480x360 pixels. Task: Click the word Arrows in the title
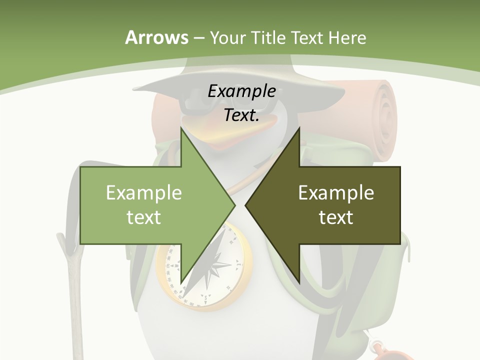(156, 37)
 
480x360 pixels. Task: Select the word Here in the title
(347, 37)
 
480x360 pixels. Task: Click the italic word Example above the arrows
(241, 91)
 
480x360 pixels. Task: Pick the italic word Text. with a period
(241, 115)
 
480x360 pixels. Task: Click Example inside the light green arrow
(144, 192)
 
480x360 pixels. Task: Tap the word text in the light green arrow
(144, 217)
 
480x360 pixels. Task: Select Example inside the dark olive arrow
(336, 192)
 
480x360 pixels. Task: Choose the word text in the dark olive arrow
(336, 217)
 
